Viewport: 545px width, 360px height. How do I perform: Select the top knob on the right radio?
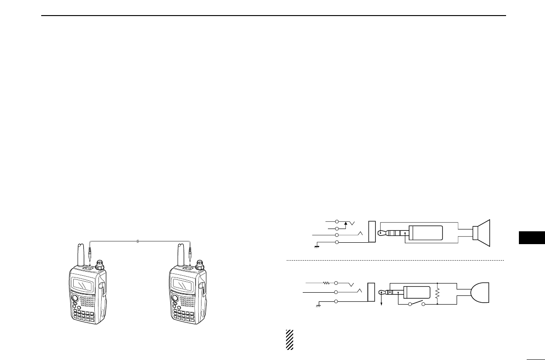[x=200, y=265]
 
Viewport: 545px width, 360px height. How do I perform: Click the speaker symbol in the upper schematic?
[x=482, y=234]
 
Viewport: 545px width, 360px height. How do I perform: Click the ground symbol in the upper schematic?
[x=316, y=247]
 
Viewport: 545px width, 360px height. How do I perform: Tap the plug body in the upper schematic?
[x=426, y=233]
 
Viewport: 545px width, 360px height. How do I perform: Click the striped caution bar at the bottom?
[x=289, y=339]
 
